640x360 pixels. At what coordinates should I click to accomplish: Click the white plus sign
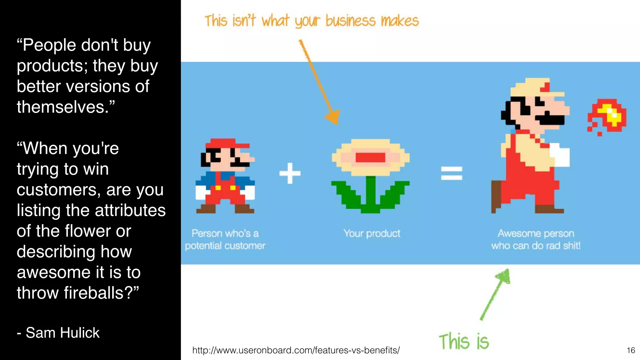290,173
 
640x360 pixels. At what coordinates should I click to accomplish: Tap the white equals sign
451,173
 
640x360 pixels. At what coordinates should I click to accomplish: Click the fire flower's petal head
371,157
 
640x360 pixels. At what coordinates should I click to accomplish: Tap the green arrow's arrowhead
503,276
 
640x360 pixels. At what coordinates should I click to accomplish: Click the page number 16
631,350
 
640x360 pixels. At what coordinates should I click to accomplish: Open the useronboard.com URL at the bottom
296,350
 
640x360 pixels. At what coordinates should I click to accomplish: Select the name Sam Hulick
62,333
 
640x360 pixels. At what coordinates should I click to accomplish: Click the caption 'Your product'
372,233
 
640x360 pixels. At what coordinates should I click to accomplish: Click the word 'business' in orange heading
350,21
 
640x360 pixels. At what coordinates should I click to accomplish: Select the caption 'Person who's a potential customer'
225,240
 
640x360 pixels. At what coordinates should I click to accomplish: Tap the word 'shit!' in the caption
572,246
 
